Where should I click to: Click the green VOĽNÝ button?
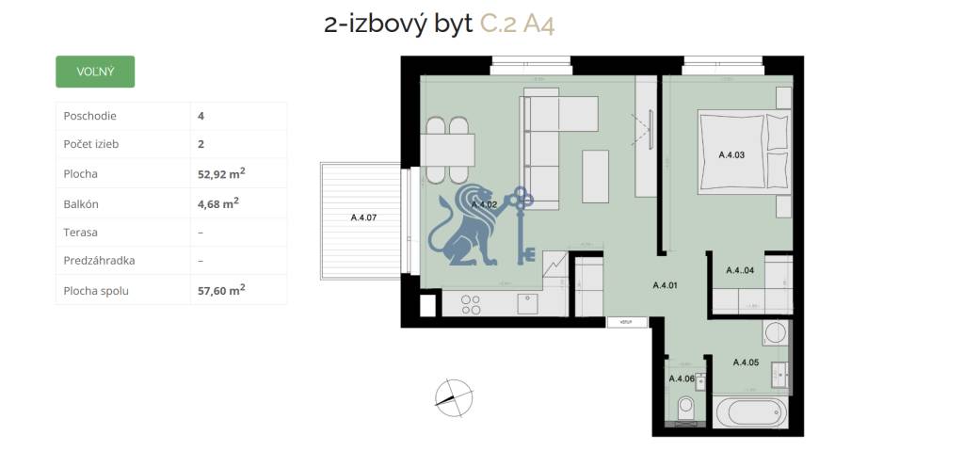(x=95, y=72)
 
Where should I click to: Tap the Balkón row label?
(x=80, y=203)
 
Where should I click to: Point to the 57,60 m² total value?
(x=221, y=290)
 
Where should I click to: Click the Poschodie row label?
(x=89, y=116)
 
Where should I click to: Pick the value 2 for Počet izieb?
(x=201, y=145)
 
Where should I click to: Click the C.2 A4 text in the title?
(x=517, y=24)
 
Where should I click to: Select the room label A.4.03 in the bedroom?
(x=731, y=154)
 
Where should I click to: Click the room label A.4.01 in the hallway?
(x=666, y=283)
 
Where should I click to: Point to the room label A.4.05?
(x=745, y=362)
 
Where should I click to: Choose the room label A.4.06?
(x=682, y=379)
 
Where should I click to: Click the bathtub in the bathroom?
(x=748, y=412)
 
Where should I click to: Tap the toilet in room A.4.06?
(x=685, y=408)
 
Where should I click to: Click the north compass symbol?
(x=451, y=396)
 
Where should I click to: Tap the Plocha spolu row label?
(x=96, y=291)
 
